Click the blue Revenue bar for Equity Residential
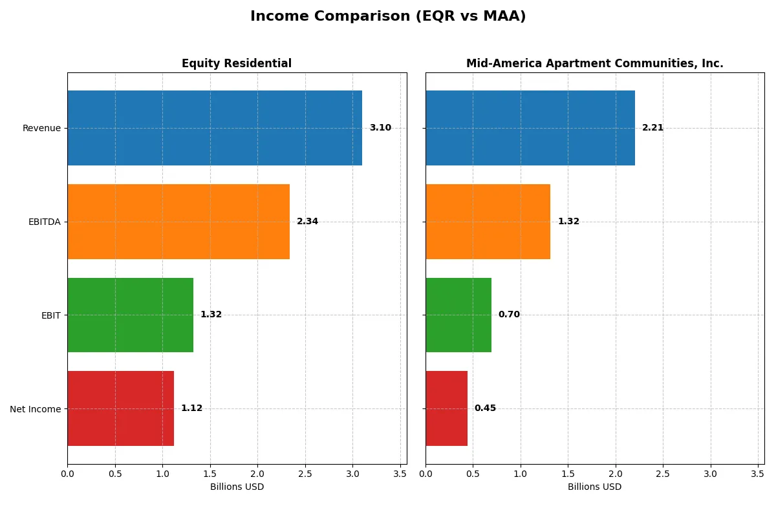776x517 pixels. click(215, 128)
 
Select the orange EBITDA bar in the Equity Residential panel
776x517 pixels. click(178, 222)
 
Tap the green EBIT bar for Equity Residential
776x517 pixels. click(130, 315)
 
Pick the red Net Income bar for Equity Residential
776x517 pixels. click(120, 408)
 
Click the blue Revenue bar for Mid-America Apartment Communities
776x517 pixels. click(530, 128)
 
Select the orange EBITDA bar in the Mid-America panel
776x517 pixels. click(488, 222)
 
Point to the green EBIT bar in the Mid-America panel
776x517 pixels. click(458, 315)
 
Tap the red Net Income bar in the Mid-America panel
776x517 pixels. click(446, 408)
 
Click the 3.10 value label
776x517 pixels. click(380, 128)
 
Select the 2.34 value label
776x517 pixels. click(307, 222)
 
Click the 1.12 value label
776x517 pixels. click(191, 408)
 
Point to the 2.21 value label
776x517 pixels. click(652, 128)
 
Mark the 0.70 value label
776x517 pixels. click(509, 315)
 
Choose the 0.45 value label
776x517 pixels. click(485, 408)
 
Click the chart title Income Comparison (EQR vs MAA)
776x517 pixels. click(388, 17)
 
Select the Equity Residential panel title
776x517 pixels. click(237, 64)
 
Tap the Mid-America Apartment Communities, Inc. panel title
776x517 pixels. click(594, 64)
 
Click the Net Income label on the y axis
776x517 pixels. click(36, 409)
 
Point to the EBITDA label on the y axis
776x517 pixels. click(45, 222)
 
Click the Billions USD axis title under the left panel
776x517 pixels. click(237, 487)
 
